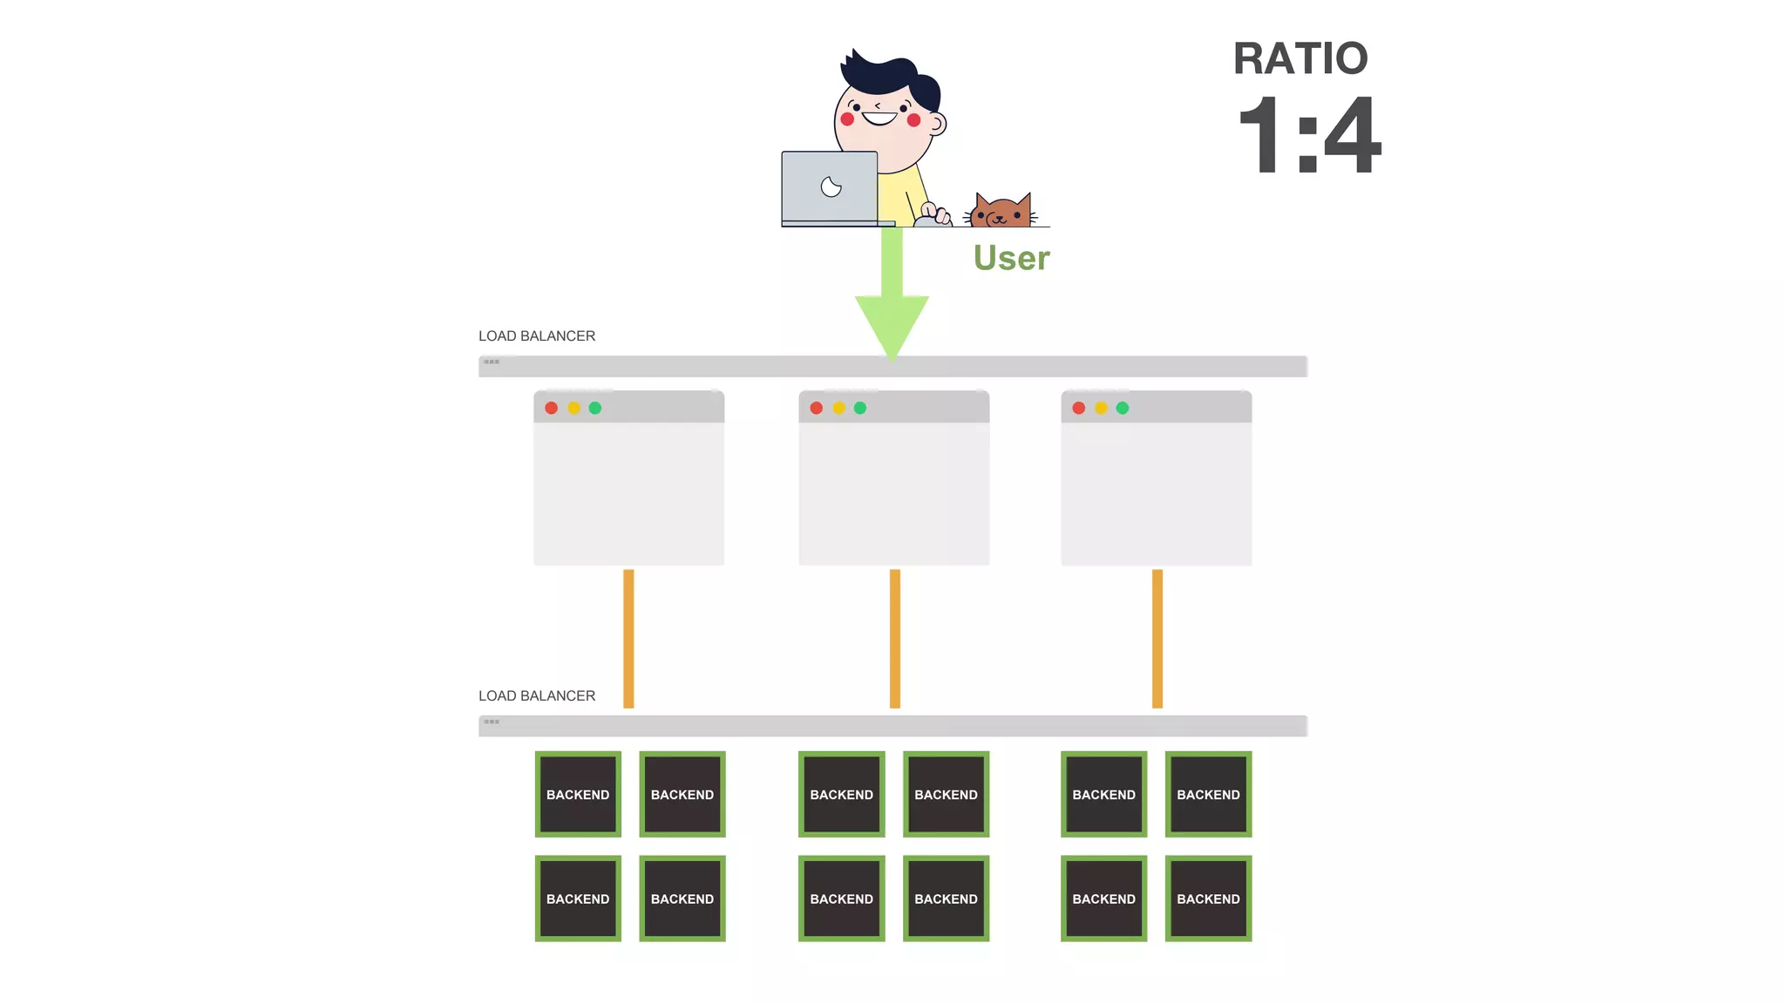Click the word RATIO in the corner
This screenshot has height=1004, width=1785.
1300,59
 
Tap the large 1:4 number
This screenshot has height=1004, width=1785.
1309,136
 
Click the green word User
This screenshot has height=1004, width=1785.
1011,258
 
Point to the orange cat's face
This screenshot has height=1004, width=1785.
1001,212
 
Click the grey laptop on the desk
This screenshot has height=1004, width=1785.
829,187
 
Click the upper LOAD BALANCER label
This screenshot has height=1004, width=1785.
537,336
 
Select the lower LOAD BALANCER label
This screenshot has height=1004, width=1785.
537,696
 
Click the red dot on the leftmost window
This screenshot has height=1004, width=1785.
552,408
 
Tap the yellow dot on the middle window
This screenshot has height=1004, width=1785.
838,408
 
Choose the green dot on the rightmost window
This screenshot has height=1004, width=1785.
1123,408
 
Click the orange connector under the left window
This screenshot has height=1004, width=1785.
628,638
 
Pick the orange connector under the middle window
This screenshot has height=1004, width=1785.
895,638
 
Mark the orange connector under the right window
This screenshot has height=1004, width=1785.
1157,638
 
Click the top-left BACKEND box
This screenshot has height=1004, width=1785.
578,794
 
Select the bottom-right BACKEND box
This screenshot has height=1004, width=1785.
1208,899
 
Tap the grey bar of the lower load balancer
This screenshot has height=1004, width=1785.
892,726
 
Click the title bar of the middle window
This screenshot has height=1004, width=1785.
915,408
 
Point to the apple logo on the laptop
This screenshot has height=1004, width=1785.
831,187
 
